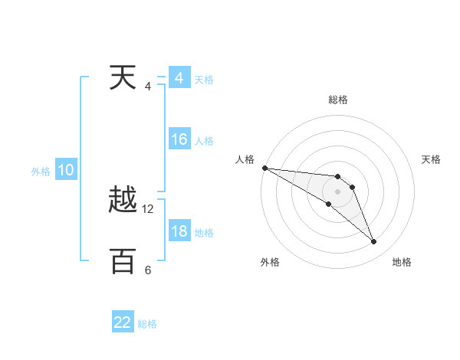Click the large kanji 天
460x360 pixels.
(123, 79)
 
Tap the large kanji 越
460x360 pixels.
(123, 201)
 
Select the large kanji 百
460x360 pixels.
(123, 262)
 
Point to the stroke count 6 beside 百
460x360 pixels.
(148, 270)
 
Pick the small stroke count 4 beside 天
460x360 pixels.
(148, 87)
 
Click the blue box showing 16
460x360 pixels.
(179, 139)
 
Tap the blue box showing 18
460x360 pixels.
(179, 231)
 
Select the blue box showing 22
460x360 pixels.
(123, 322)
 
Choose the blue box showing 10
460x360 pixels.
(66, 170)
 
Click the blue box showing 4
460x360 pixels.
(179, 78)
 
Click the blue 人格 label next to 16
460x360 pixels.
(204, 141)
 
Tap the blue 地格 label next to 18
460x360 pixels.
(204, 233)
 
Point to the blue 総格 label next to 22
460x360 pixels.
(147, 324)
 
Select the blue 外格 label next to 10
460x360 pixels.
(41, 172)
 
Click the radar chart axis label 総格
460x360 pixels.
(338, 100)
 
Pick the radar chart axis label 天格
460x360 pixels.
(432, 159)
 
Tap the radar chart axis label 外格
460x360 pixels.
(270, 263)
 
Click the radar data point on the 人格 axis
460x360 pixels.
(264, 167)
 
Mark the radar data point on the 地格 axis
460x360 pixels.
(373, 242)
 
